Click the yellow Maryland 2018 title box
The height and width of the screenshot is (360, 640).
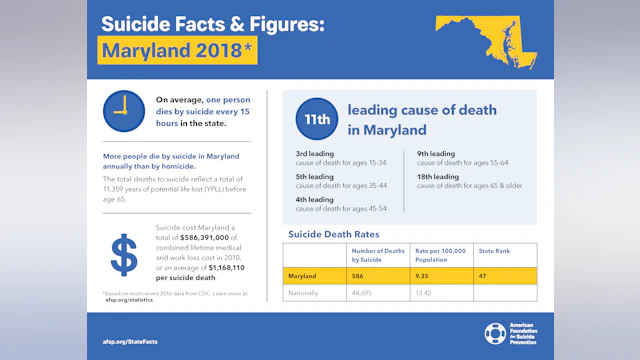point(177,49)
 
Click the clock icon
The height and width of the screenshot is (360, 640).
point(124,111)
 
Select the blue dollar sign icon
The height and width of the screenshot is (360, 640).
point(124,256)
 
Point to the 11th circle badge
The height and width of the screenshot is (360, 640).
point(314,121)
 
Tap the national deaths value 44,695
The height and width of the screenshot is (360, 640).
point(364,293)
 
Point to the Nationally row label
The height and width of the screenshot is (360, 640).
point(304,293)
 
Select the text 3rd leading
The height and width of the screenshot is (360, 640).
point(315,154)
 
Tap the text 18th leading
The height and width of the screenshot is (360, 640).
point(438,177)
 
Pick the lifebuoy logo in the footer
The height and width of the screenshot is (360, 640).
point(495,334)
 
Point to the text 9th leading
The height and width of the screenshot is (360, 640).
point(436,154)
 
